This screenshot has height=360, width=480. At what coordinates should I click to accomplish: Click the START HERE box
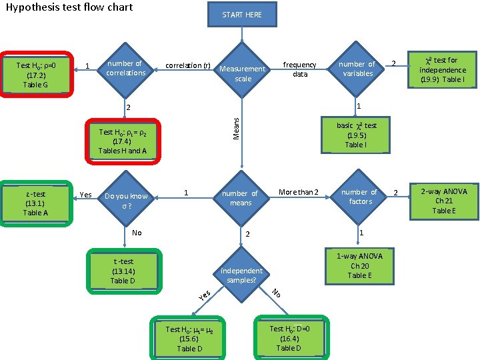(242, 15)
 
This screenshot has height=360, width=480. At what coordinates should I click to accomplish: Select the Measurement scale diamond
(242, 73)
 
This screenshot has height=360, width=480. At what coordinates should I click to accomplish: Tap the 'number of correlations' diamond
(125, 68)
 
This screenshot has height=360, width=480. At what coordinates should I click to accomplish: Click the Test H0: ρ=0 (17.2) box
(36, 75)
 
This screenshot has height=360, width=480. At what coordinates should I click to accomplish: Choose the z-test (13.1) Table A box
(35, 203)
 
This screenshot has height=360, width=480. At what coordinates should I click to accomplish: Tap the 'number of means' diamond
(241, 198)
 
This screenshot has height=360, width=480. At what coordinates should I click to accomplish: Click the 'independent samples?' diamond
(241, 275)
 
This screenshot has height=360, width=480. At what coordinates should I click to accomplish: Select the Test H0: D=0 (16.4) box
(289, 337)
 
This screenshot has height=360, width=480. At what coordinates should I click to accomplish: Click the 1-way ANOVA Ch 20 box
(359, 265)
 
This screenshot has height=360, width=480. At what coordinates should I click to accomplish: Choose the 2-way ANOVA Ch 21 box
(444, 201)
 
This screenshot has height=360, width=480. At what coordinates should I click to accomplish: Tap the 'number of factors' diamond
(359, 197)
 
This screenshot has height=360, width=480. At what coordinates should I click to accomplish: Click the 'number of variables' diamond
(357, 69)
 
